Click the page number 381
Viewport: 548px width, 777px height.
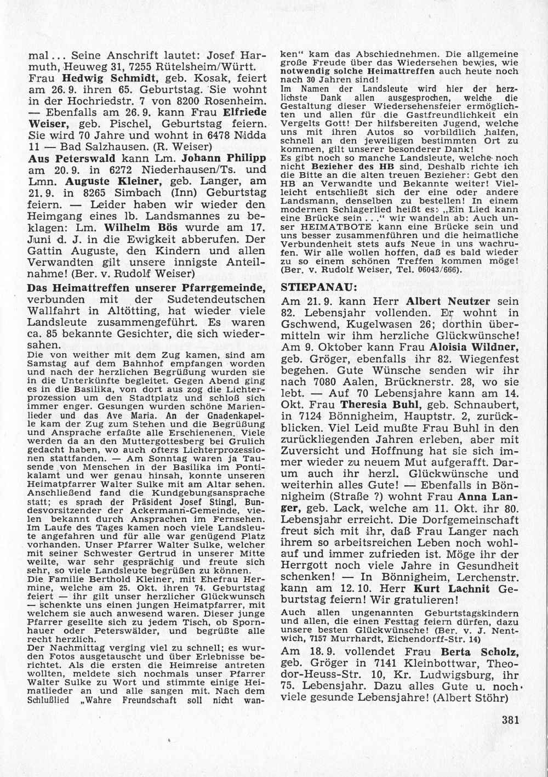(x=510, y=721)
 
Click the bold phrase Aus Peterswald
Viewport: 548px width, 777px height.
(x=60, y=158)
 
